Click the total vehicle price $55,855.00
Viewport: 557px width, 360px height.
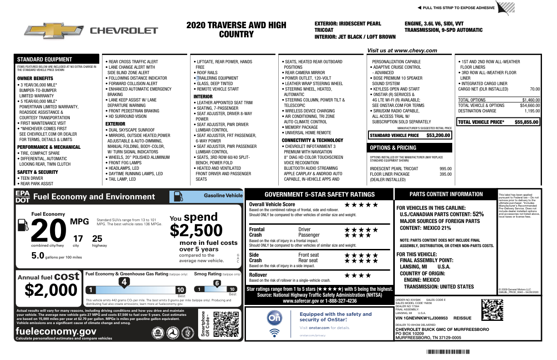pos(526,122)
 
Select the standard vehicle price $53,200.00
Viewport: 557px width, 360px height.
pos(438,135)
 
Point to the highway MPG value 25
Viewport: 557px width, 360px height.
pos(97,238)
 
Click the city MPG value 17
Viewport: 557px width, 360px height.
pos(78,238)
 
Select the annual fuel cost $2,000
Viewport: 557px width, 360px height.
pos(51,289)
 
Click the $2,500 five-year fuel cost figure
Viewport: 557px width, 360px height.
pos(196,230)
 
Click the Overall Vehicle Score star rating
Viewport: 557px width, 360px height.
pos(361,205)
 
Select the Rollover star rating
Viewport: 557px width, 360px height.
pos(358,275)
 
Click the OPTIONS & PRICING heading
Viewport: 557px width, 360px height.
pos(393,148)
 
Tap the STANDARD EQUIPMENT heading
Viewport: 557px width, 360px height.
pos(45,59)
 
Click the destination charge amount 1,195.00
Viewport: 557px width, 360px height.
pos(531,111)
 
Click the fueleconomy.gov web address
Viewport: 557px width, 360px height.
pos(56,332)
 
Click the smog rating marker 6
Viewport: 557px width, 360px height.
pos(217,283)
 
